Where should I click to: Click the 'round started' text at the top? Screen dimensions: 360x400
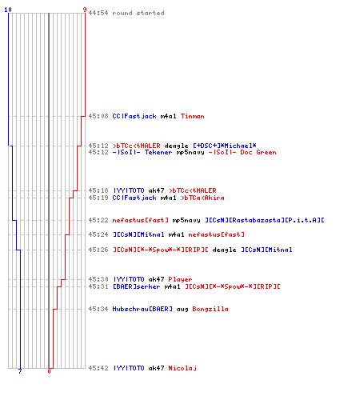tap(138, 13)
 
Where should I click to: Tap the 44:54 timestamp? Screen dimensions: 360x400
tap(98, 13)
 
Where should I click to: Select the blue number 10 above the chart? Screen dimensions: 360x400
tap(8, 10)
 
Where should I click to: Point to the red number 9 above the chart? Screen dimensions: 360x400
tap(85, 10)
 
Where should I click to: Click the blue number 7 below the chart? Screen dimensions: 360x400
tap(20, 371)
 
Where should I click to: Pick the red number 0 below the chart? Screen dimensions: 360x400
tap(49, 371)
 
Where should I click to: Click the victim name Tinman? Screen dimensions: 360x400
tap(193, 116)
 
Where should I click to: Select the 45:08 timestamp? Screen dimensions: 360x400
tap(98, 116)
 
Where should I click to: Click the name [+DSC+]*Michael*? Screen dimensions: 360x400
tap(225, 146)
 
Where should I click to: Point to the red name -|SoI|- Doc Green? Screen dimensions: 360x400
tap(242, 152)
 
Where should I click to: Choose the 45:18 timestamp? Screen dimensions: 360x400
tap(98, 190)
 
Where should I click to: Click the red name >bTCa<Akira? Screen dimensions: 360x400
tap(202, 198)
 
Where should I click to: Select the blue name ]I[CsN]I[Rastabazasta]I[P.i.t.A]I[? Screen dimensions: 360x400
tap(265, 220)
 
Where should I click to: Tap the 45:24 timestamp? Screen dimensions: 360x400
tap(98, 234)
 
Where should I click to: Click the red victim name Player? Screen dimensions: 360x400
tap(180, 279)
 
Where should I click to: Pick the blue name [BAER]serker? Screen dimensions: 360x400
tap(137, 286)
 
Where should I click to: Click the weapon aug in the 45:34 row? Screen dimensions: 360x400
tap(182, 310)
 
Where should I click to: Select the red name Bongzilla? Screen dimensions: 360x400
tap(210, 309)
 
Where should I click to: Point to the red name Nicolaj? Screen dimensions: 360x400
tap(182, 368)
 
